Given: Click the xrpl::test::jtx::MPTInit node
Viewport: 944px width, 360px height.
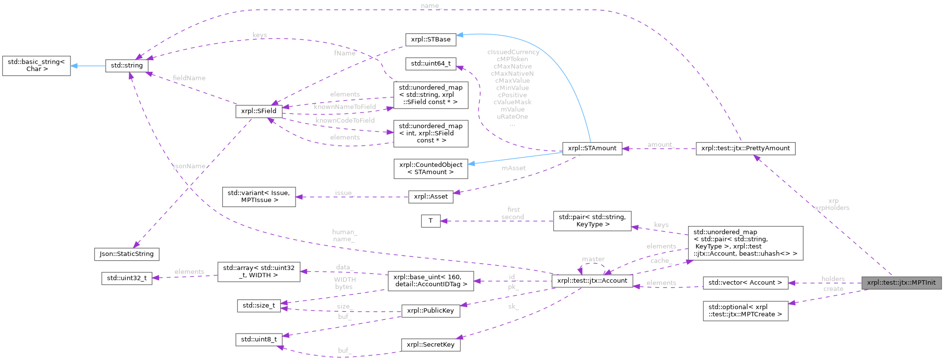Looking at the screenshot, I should click(x=901, y=283).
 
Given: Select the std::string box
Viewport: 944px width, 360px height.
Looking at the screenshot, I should click(x=127, y=66).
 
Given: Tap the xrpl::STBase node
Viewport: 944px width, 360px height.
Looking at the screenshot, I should click(x=431, y=40).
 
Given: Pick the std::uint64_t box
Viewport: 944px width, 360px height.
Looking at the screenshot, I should click(x=431, y=64).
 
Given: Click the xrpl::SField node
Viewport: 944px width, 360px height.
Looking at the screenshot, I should click(x=258, y=111).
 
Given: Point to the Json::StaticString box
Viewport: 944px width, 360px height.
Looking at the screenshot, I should click(x=127, y=254).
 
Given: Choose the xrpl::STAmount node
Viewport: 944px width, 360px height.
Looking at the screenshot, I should click(x=592, y=148).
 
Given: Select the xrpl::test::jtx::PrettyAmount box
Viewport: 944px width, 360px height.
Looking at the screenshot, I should click(x=745, y=148).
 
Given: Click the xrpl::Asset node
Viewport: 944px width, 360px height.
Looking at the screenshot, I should click(x=431, y=197).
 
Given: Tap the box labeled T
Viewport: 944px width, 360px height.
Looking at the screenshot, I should click(x=431, y=221).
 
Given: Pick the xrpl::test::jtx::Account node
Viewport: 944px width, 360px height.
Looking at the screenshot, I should click(x=592, y=281).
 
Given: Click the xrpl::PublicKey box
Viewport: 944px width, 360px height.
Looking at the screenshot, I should click(x=431, y=311).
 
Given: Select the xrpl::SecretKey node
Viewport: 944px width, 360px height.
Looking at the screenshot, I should click(x=431, y=345).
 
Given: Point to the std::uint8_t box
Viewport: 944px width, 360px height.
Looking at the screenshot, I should click(x=259, y=339).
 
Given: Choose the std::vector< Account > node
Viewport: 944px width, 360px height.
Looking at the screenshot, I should click(x=745, y=283).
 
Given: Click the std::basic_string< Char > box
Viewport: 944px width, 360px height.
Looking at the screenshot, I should click(x=37, y=66).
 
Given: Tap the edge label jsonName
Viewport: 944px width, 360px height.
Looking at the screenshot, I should click(x=189, y=166).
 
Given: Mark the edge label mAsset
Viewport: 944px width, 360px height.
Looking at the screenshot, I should click(x=513, y=168).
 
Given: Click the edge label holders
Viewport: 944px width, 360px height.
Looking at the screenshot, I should click(x=833, y=279).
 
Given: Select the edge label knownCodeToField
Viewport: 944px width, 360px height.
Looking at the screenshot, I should click(x=345, y=120).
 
